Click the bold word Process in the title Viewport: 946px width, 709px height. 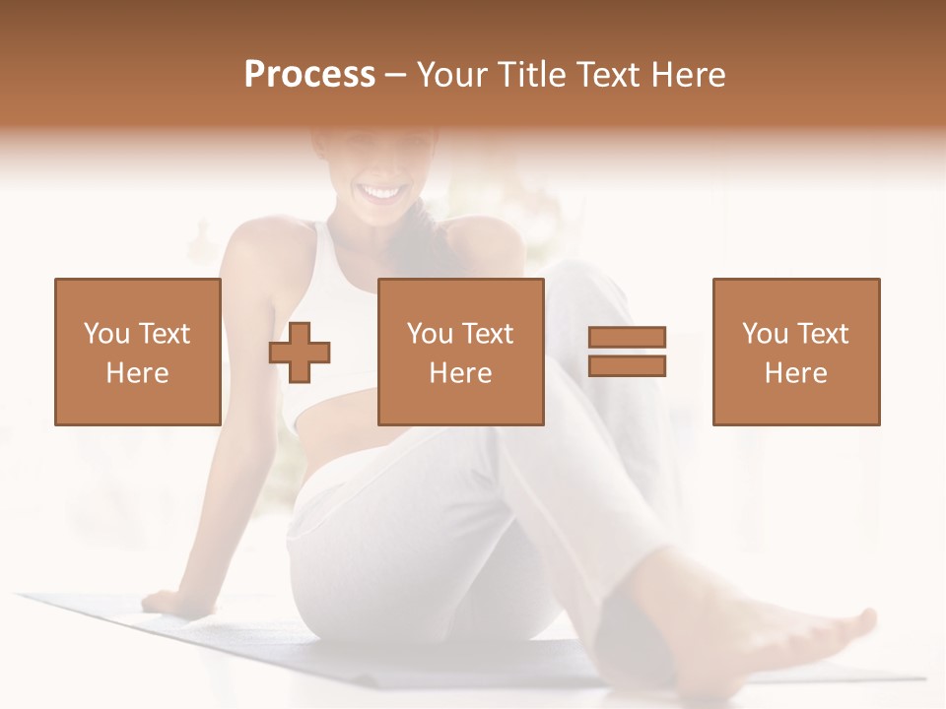coord(309,75)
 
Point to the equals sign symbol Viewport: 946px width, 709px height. coord(627,352)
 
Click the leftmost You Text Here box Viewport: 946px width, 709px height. coord(137,352)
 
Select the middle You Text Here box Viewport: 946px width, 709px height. coord(460,352)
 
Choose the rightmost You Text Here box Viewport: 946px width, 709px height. coord(795,352)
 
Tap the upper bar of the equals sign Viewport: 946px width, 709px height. coord(627,338)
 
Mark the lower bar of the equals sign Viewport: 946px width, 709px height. coord(627,365)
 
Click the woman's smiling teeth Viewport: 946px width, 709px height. coord(382,192)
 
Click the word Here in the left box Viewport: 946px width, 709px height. coord(137,373)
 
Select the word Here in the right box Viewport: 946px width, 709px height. coord(795,373)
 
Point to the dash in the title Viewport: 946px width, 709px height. coord(395,75)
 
